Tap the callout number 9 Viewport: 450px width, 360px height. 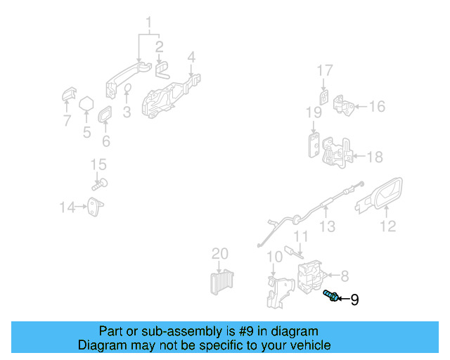(354, 300)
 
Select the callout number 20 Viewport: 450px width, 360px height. (220, 253)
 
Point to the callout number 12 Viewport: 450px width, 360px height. (387, 226)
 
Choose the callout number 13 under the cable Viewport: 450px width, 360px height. (327, 226)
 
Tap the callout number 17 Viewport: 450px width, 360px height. (324, 70)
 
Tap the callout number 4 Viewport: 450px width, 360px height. (191, 56)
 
